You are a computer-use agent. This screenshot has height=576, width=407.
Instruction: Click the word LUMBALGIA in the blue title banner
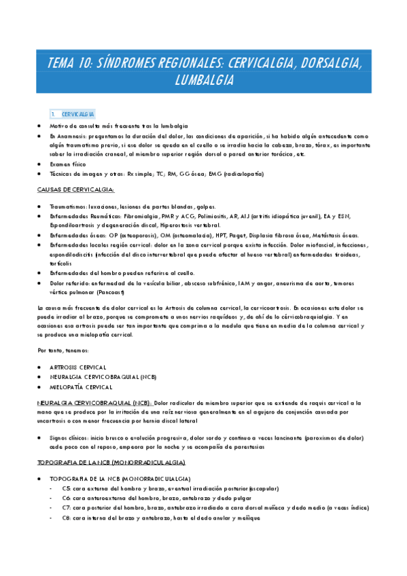(x=204, y=80)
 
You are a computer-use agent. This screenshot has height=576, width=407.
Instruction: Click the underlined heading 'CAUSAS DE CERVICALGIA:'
(x=76, y=190)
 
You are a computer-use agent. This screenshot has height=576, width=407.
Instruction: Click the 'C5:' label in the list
(x=66, y=488)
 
